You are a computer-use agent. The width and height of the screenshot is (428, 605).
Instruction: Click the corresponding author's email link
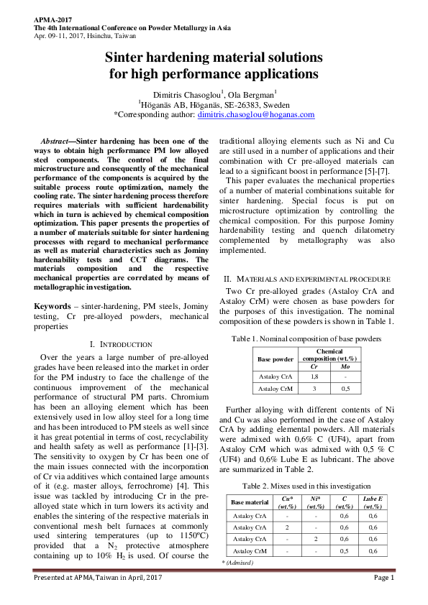coord(256,114)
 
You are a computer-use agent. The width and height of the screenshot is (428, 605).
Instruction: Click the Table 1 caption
coord(311,338)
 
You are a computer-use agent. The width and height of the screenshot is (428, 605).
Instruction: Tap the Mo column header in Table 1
coord(344,366)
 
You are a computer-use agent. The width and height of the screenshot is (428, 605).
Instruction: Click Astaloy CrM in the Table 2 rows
coord(250,550)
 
